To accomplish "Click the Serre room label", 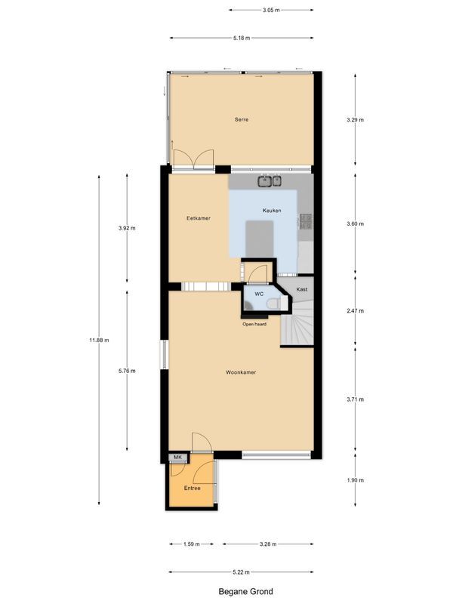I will tap(242, 119).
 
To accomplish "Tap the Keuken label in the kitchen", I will tap(271, 210).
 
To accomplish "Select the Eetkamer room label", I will tap(199, 218).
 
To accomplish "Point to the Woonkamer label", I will tap(242, 372).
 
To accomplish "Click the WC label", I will tap(258, 293).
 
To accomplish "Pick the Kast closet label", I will tap(301, 289).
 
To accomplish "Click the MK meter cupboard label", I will tap(178, 458).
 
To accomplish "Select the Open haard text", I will tap(254, 325).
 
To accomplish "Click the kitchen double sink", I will tap(270, 180).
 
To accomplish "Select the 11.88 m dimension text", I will tap(99, 340).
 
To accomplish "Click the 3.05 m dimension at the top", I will tap(271, 11).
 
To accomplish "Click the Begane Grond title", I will tap(242, 592).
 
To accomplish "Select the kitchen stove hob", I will tap(306, 221).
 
